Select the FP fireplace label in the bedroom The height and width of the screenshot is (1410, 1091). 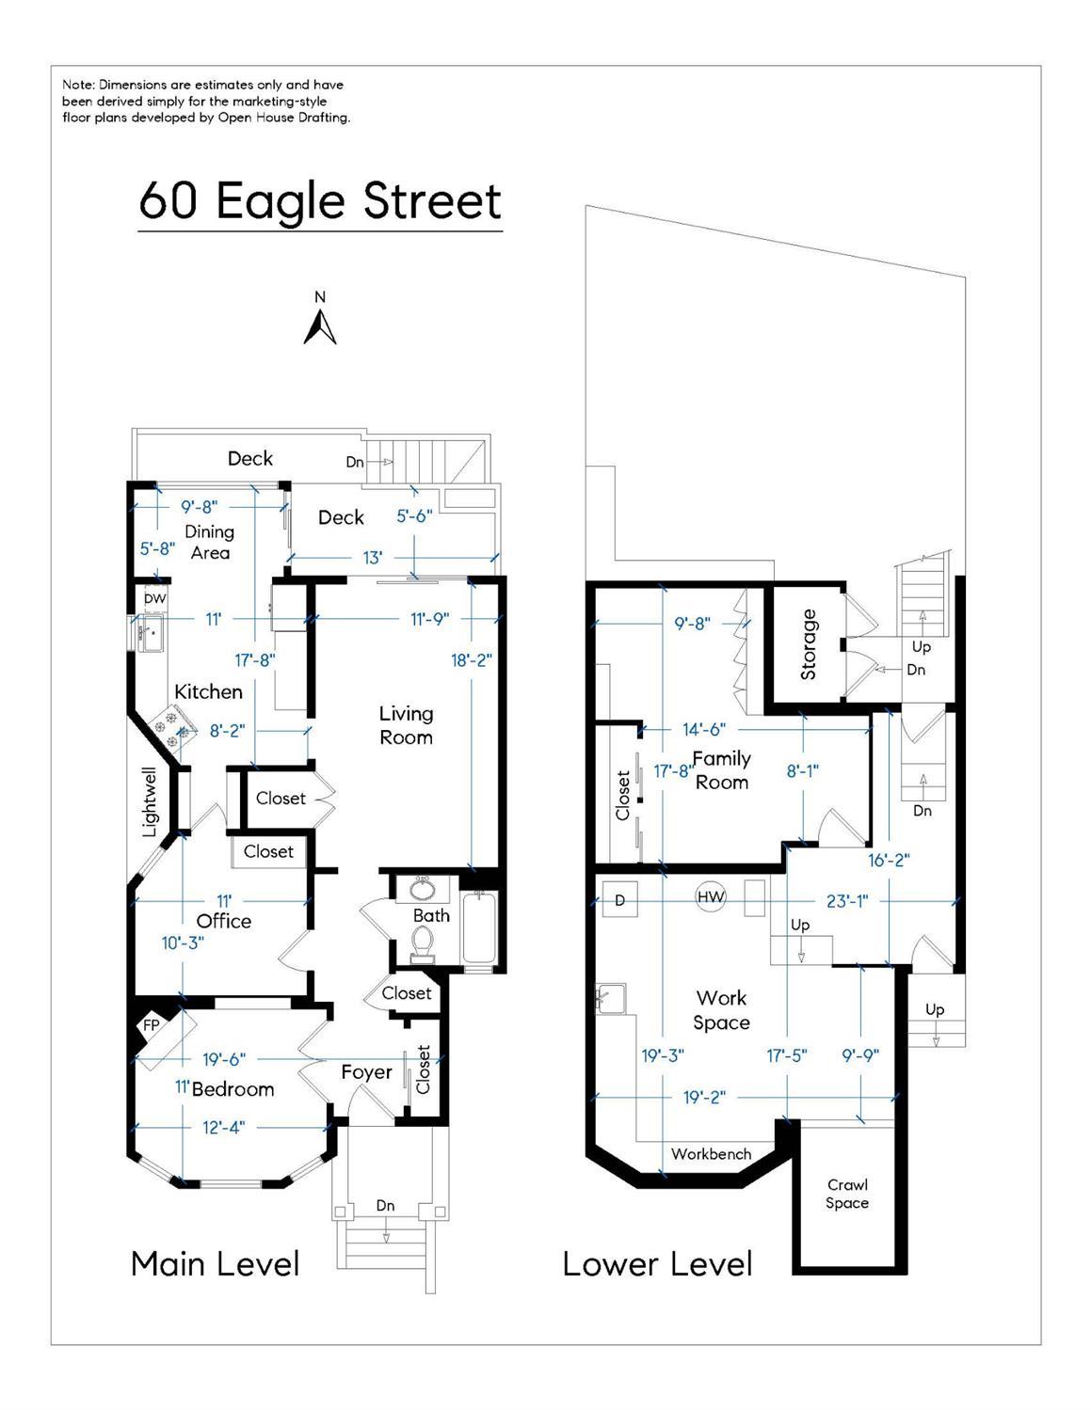point(151,1025)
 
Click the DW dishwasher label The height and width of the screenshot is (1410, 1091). point(154,598)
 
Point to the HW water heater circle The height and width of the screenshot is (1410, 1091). point(711,896)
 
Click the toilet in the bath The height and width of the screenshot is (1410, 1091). point(423,944)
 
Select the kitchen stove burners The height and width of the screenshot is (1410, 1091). point(173,729)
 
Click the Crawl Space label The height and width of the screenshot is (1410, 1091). point(847,1194)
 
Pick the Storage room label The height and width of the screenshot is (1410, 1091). point(809,644)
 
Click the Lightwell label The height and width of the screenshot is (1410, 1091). point(150,802)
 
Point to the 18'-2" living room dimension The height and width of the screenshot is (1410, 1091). point(472,660)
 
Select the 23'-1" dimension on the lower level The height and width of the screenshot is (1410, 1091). point(847,901)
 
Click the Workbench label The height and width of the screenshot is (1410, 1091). point(711,1154)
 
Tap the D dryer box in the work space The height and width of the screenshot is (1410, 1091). point(619,900)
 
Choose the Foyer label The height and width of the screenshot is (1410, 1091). point(366,1071)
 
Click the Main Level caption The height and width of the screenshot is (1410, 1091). point(215,1264)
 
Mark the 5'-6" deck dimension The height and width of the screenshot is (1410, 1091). point(414,516)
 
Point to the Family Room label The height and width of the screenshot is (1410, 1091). point(721,770)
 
